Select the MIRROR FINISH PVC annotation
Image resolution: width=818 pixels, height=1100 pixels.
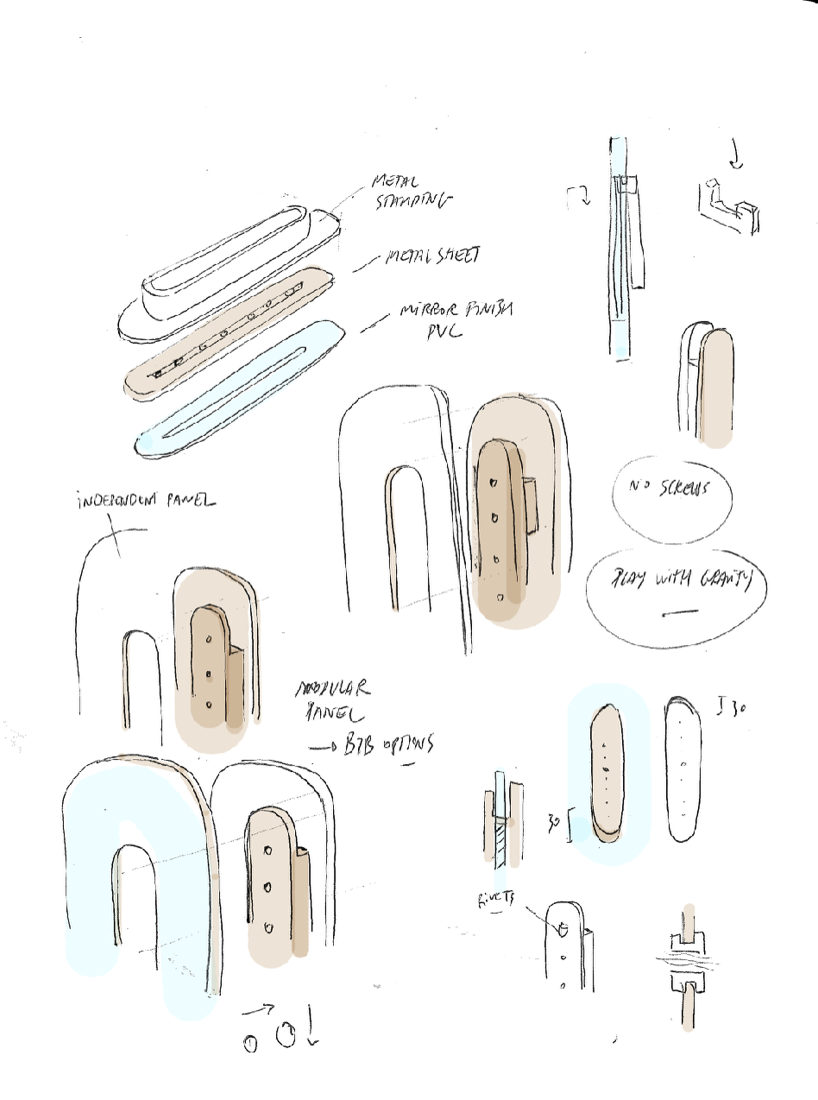[452, 319]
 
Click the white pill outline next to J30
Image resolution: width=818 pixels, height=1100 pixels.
[683, 769]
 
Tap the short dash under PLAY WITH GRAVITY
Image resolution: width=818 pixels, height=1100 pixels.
[680, 613]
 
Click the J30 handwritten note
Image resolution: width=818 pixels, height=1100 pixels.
[733, 710]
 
